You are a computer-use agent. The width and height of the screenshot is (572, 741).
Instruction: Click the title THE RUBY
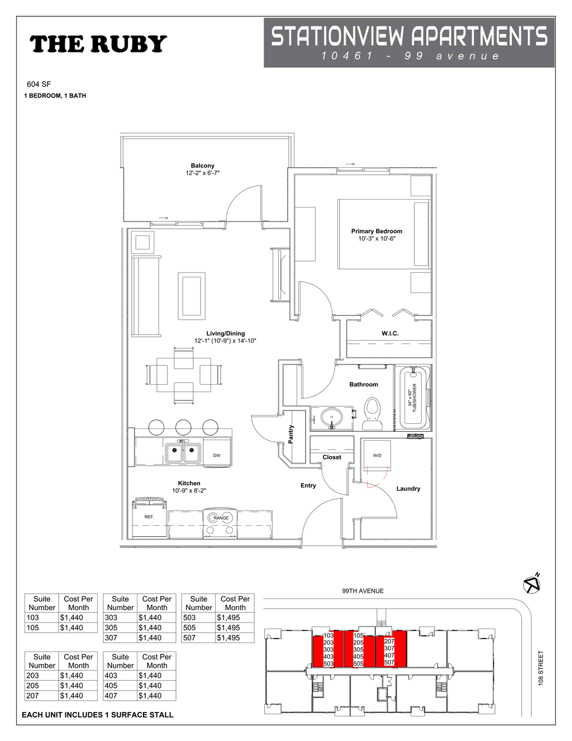(x=98, y=44)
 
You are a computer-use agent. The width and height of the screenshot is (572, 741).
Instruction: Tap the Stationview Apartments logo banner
(x=409, y=43)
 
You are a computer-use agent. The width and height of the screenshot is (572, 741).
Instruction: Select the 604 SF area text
(x=39, y=84)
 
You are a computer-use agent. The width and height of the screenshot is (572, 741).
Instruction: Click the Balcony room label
(x=202, y=166)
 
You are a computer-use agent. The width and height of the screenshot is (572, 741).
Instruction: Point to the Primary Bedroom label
(x=376, y=231)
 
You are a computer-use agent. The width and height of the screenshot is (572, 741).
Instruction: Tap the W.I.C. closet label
(x=390, y=333)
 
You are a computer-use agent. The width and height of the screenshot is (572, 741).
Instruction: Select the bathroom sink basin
(x=332, y=417)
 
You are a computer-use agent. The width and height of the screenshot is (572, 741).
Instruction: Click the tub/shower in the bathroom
(x=413, y=398)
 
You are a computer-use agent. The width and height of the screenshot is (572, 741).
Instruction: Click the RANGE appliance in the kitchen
(x=221, y=518)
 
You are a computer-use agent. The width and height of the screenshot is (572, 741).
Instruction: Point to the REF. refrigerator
(x=149, y=518)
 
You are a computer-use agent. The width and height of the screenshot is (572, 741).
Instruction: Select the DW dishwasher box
(x=217, y=455)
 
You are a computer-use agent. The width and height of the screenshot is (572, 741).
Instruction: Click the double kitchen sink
(x=183, y=452)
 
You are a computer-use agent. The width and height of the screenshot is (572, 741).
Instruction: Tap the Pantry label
(x=291, y=434)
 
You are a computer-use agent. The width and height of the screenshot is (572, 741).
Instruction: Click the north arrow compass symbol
(x=532, y=584)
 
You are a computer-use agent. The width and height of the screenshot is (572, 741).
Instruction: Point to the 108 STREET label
(x=540, y=668)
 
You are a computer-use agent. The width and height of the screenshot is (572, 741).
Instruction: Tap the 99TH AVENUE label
(x=363, y=591)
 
